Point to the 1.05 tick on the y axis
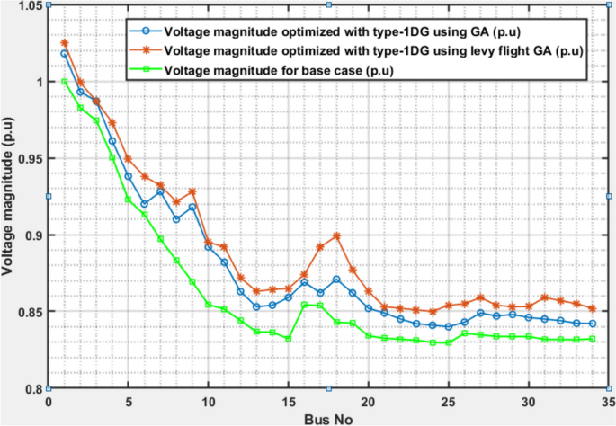point(28,5)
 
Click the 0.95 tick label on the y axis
point(28,158)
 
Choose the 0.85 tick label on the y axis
point(28,312)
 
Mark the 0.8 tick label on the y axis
point(31,388)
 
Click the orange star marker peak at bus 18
point(336,236)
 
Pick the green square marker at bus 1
point(65,82)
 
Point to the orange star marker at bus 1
point(65,42)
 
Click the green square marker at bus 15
point(288,339)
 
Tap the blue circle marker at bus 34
point(591,324)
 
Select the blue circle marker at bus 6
point(144,204)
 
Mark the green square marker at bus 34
point(591,339)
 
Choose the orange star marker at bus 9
point(192,191)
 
